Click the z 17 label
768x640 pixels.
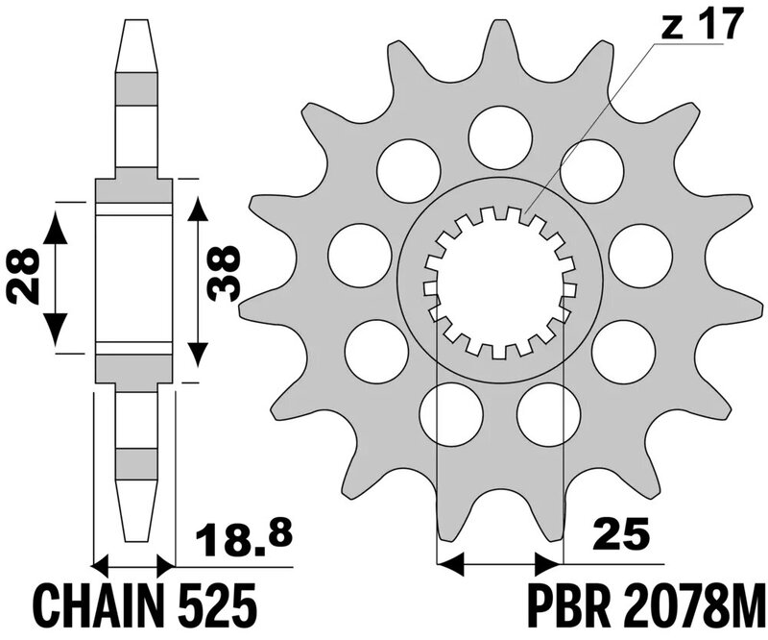point(702,25)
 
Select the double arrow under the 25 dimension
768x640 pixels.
point(498,560)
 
